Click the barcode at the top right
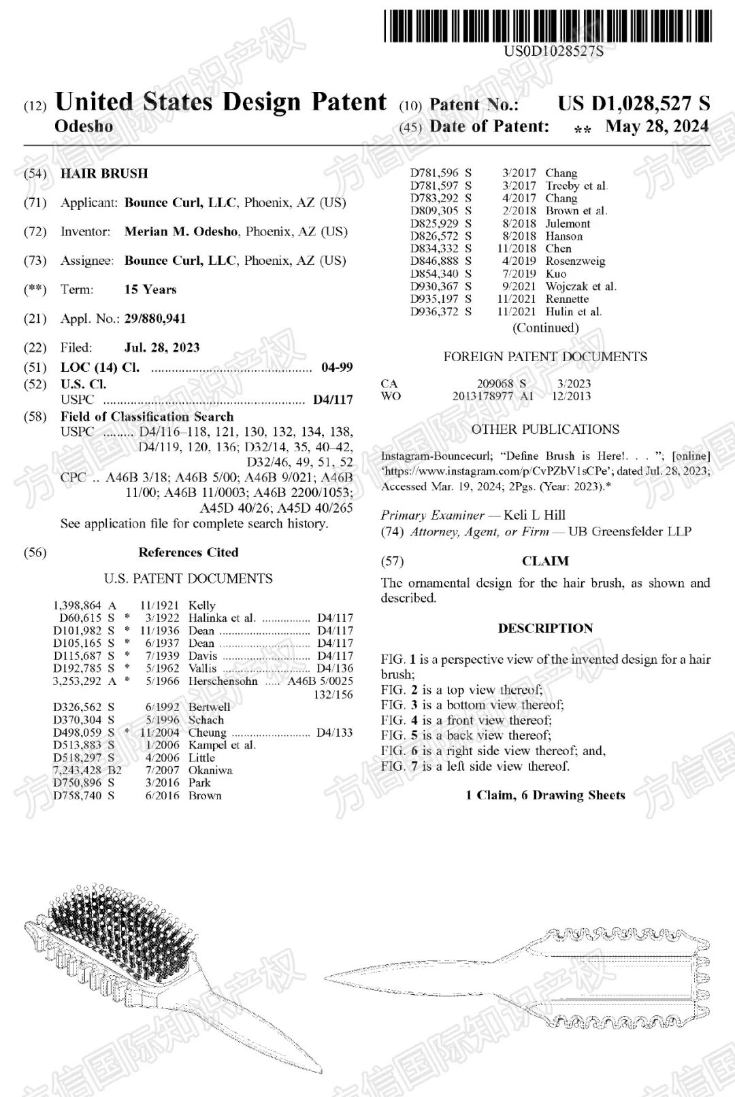[548, 26]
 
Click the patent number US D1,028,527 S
[634, 104]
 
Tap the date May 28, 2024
[657, 127]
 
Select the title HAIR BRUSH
[104, 174]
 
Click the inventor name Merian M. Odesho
[181, 232]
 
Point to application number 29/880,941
[155, 319]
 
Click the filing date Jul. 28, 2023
[162, 347]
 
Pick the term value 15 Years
[150, 289]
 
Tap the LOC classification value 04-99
[337, 368]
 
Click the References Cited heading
[189, 552]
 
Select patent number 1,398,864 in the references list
[77, 605]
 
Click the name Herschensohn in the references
[223, 681]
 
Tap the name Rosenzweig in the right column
[575, 261]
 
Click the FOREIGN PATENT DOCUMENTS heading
[545, 357]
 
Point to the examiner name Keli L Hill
[534, 515]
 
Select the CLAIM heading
[545, 561]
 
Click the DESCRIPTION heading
[545, 629]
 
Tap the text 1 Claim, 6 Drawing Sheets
[545, 795]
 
